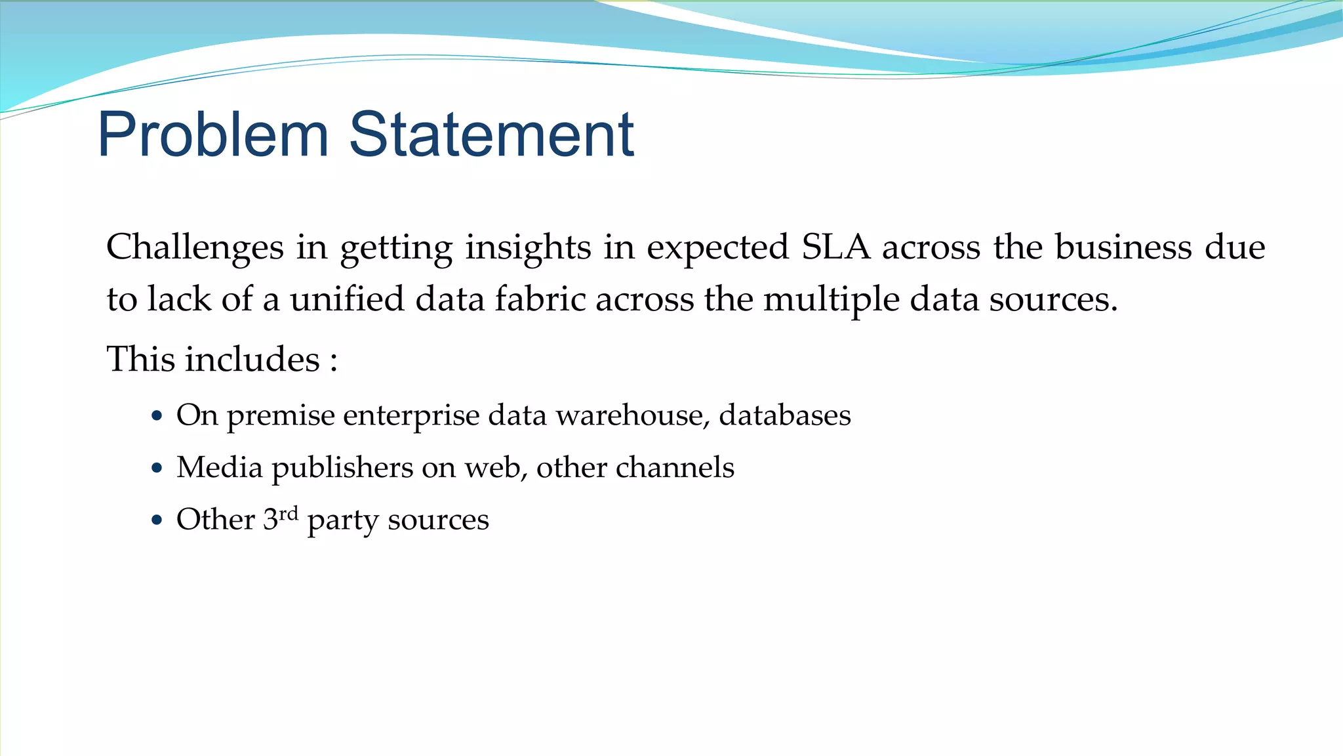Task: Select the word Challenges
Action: tap(195, 247)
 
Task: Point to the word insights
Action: tap(528, 247)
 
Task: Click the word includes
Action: tap(252, 360)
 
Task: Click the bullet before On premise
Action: tap(156, 416)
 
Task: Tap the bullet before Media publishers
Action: tap(156, 469)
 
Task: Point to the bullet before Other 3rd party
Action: tap(156, 520)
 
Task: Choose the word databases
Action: tap(785, 415)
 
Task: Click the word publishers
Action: tap(342, 469)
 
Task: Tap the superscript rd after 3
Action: tap(289, 513)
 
